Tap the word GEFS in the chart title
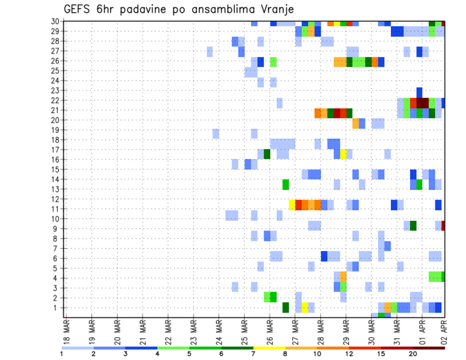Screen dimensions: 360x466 (79, 9)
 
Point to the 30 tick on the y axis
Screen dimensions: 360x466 (56, 21)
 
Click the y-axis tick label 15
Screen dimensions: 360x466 (56, 169)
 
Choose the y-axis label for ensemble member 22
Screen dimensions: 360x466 (56, 100)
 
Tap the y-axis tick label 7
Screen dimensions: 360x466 (58, 248)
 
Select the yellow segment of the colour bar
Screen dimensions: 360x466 (269, 348)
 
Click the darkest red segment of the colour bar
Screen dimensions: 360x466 (429, 348)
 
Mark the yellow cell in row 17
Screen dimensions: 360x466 (343, 154)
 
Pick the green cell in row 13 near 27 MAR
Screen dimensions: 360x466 (285, 184)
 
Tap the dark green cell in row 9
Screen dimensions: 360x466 (413, 226)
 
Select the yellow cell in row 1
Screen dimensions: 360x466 (305, 308)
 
